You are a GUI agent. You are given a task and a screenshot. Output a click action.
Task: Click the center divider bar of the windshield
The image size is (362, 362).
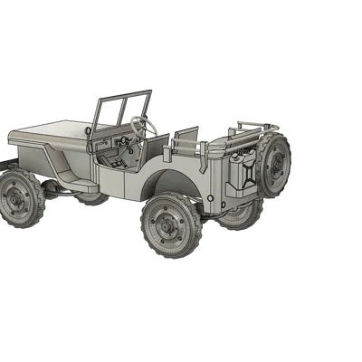point(122,109)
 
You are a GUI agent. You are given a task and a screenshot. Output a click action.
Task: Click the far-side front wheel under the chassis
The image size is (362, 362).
point(91,198)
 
